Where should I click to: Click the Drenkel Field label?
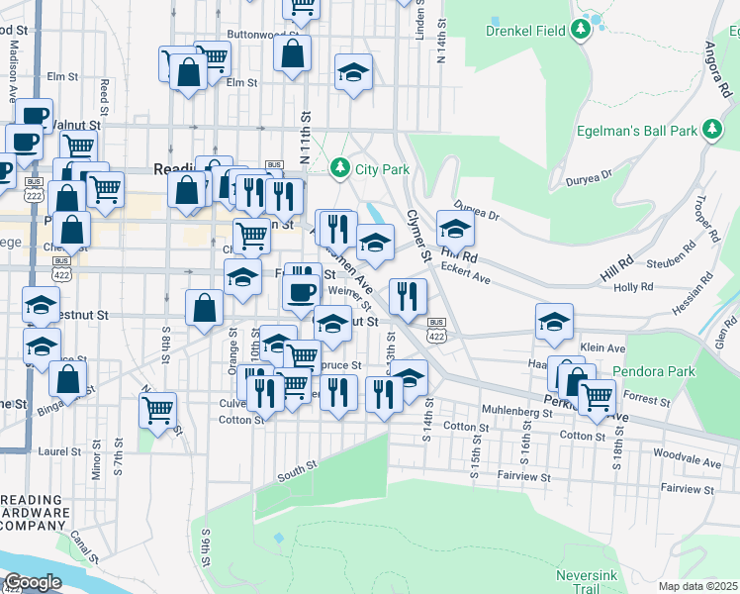click(524, 30)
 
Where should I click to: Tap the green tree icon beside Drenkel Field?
click(581, 30)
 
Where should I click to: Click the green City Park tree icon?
click(341, 168)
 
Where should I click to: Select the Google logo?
click(33, 582)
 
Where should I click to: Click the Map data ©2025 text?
click(697, 586)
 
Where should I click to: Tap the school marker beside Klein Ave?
click(554, 321)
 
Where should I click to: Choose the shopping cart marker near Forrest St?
click(597, 396)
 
